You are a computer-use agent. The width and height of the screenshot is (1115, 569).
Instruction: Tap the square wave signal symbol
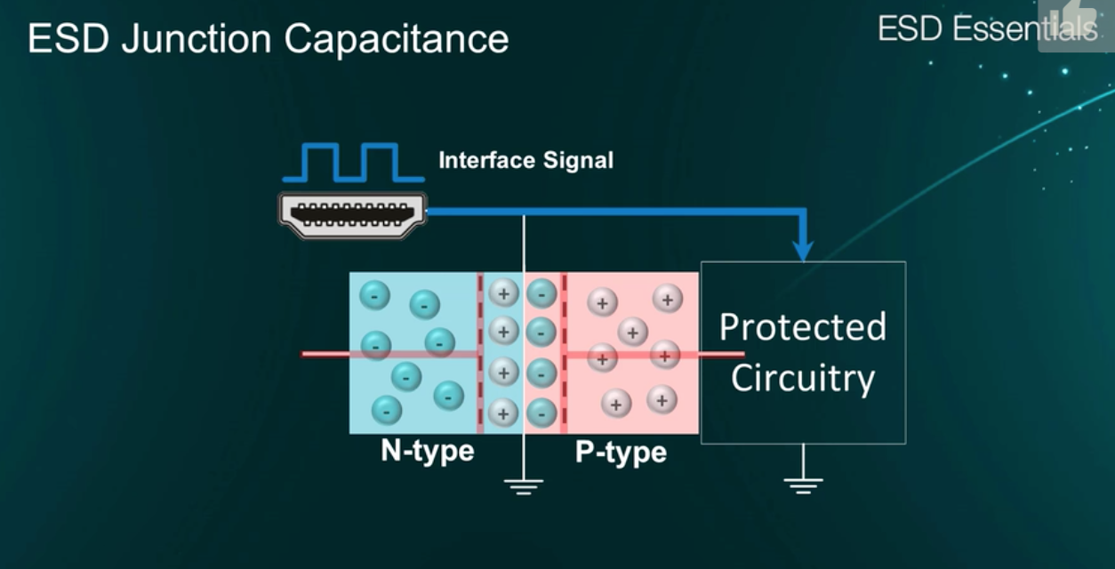pos(347,161)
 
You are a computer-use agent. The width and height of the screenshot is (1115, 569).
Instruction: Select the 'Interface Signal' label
pos(525,161)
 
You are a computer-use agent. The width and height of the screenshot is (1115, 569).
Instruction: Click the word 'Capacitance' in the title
pos(397,39)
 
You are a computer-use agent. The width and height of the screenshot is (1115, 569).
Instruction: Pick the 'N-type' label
pos(428,451)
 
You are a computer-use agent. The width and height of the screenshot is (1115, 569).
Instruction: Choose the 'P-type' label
pos(621,453)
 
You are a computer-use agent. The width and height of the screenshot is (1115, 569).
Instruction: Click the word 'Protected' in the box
pos(803,327)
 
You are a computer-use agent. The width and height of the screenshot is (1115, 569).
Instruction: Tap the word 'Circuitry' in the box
pos(803,379)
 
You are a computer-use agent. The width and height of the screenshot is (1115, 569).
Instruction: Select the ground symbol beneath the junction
pos(524,485)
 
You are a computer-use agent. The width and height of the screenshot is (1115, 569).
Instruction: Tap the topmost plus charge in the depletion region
pos(503,293)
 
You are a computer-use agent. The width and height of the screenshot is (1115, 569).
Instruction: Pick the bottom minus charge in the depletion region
pos(541,412)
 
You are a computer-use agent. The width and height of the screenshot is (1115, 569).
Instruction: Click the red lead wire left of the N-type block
pos(325,354)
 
